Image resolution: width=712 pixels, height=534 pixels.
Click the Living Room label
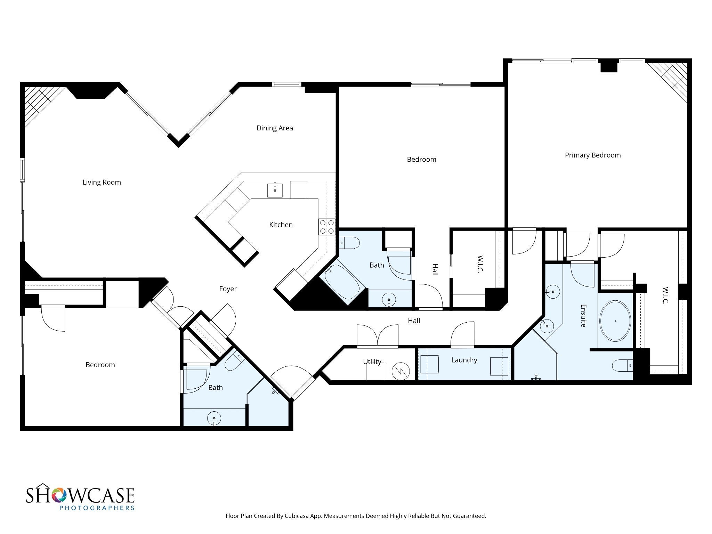[102, 182]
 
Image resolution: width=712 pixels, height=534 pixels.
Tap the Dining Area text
[275, 128]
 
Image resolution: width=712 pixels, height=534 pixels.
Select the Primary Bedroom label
[593, 155]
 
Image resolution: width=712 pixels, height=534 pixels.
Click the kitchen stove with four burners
[327, 227]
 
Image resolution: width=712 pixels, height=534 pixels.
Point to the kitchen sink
[275, 190]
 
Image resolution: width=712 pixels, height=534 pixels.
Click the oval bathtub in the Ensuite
[615, 321]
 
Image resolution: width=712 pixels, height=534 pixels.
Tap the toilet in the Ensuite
[623, 365]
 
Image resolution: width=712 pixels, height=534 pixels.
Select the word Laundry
[464, 360]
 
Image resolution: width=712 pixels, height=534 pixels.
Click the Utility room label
[372, 362]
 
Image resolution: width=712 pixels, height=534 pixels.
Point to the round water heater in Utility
[401, 372]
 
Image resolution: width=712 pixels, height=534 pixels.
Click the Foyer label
[228, 289]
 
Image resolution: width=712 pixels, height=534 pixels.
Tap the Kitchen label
[281, 225]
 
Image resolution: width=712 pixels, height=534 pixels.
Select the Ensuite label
[583, 316]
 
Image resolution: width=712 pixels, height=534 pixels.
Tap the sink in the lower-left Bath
[214, 418]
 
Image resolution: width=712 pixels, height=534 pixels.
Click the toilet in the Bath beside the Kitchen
[349, 243]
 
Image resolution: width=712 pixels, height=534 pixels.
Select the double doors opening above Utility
[378, 336]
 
